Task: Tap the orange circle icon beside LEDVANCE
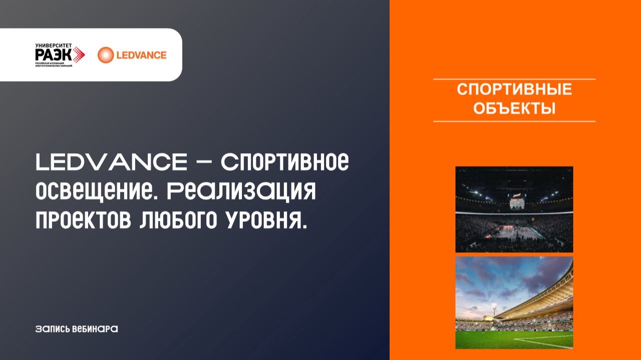pyautogui.click(x=106, y=55)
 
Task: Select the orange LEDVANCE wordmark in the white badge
pyautogui.click(x=141, y=55)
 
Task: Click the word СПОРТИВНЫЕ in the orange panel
pyautogui.click(x=514, y=90)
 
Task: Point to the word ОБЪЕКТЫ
pyautogui.click(x=514, y=108)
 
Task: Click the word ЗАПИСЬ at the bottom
pyautogui.click(x=52, y=329)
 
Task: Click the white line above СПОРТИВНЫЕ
pyautogui.click(x=514, y=79)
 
